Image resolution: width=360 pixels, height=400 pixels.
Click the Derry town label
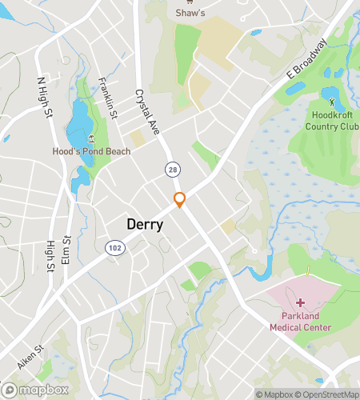click(x=145, y=225)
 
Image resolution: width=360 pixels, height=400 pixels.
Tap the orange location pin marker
click(x=180, y=199)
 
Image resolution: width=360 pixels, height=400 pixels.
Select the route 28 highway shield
click(x=172, y=170)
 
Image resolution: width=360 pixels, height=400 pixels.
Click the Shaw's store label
click(x=190, y=12)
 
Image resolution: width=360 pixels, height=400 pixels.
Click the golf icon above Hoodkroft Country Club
click(x=332, y=102)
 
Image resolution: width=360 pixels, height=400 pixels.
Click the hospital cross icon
click(x=301, y=302)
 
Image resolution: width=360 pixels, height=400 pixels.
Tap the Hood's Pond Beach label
click(x=91, y=151)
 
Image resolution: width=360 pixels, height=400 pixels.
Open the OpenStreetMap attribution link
click(x=326, y=394)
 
